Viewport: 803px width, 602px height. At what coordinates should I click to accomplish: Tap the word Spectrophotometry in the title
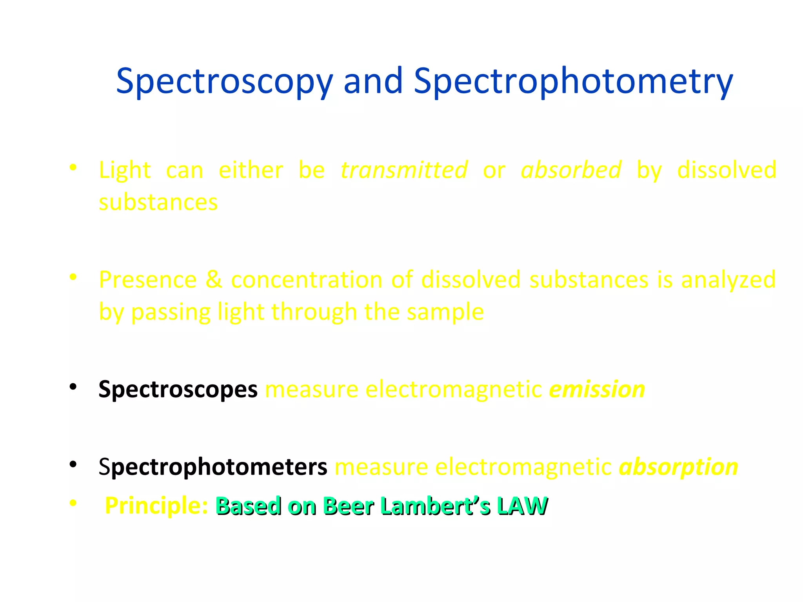573,82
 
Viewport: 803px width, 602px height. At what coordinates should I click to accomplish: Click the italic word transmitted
404,170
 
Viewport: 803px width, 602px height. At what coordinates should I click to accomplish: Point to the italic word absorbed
571,170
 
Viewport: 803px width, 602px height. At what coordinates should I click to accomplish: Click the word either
251,170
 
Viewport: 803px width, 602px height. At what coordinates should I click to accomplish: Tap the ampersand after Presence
214,280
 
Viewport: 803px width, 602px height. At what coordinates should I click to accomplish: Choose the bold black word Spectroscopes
178,390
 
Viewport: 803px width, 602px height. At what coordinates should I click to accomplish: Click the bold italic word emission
597,390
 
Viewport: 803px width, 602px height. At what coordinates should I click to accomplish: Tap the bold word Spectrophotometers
213,467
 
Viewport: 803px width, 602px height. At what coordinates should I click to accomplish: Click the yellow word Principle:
156,506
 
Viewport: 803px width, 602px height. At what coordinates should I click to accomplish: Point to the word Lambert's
435,506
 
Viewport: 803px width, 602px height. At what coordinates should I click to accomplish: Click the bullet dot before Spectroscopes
73,387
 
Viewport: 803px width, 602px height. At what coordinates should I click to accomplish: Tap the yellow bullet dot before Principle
73,503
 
